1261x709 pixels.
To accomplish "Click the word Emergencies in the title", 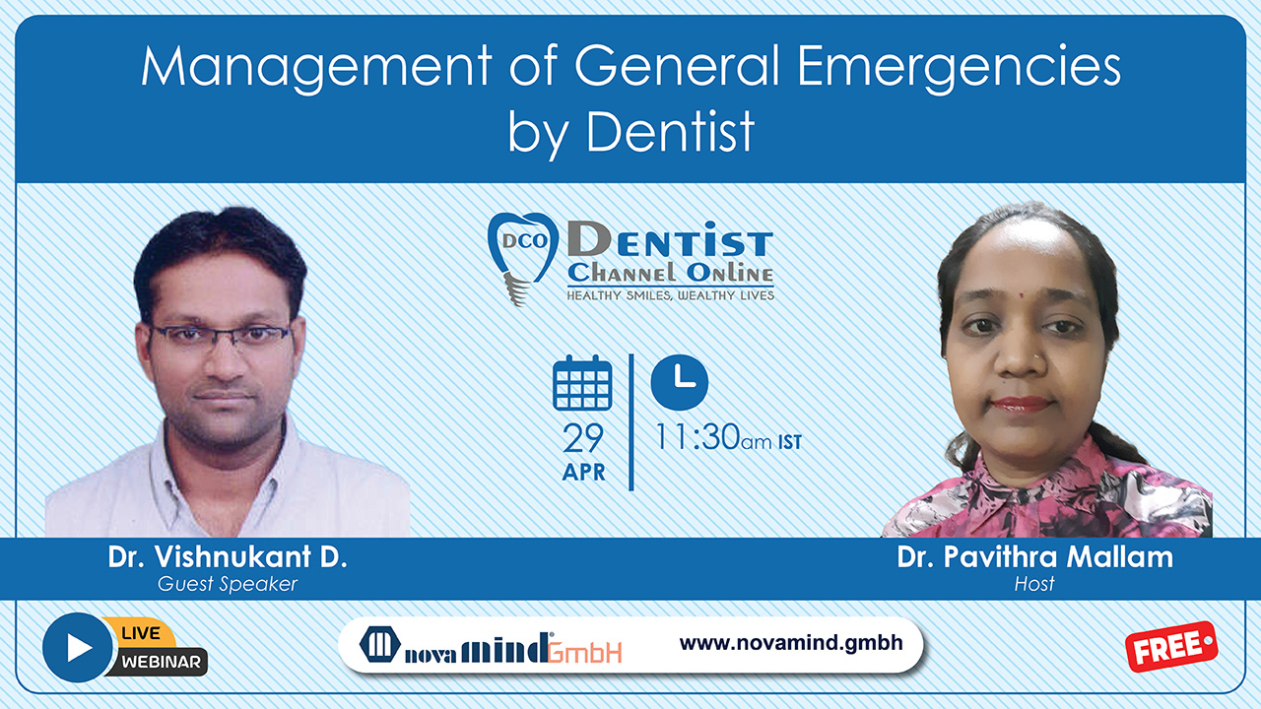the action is [x=959, y=68].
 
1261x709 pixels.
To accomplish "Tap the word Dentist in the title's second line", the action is [x=670, y=132].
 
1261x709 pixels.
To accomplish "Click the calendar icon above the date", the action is [x=582, y=383].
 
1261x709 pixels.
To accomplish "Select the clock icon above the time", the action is [x=680, y=382].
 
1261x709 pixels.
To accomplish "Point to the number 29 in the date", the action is [x=583, y=438].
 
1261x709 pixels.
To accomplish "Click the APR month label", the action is [x=584, y=472].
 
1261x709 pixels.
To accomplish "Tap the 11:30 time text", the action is [x=697, y=436].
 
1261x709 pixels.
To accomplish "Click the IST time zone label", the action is [x=790, y=442].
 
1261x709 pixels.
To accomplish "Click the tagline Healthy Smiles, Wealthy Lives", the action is [x=671, y=295].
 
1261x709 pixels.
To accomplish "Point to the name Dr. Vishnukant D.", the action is [x=228, y=556].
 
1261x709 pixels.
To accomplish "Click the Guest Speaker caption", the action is [x=228, y=584].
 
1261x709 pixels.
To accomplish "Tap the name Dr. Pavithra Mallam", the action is [x=1034, y=556].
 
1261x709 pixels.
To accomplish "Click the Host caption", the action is [x=1034, y=584].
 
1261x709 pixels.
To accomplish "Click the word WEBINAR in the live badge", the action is [x=161, y=662].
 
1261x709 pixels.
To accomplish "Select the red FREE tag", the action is [x=1171, y=647].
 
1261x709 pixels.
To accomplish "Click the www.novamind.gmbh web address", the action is [x=791, y=643].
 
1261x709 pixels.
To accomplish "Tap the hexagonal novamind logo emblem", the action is [x=380, y=644].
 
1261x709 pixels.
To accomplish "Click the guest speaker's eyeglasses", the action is [x=222, y=336].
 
